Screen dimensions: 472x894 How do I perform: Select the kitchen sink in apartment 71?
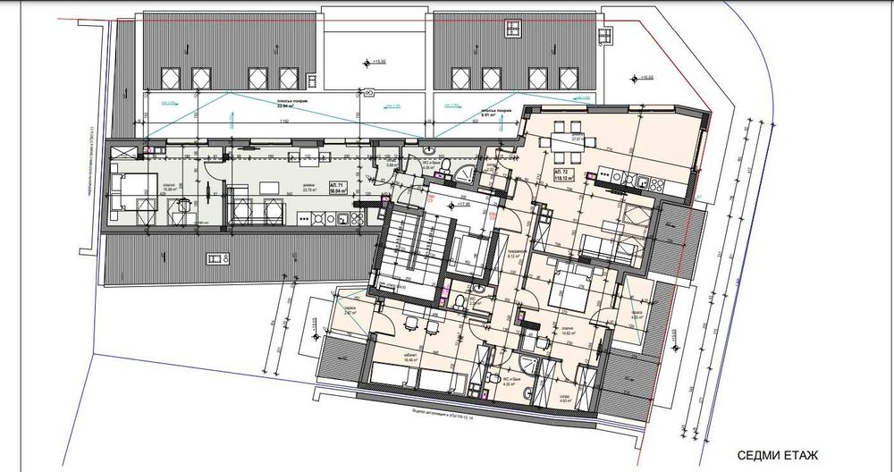315,217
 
